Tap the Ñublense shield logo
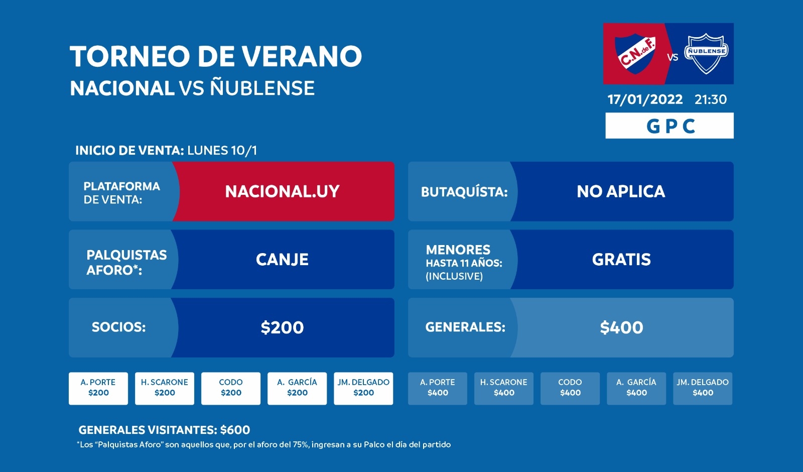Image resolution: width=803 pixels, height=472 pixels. click(706, 53)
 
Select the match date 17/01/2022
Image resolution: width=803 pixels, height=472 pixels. click(645, 99)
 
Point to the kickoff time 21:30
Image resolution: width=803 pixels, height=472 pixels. click(711, 99)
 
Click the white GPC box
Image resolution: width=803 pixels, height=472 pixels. click(670, 126)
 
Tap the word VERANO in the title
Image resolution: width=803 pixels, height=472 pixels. click(302, 56)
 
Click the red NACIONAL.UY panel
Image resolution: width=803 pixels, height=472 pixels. click(283, 191)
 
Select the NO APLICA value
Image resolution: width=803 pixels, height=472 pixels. click(621, 191)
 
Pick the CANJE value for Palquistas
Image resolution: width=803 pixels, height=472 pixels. click(282, 259)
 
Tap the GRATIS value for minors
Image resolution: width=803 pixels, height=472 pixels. click(621, 259)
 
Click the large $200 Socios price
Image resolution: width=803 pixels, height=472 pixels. click(282, 327)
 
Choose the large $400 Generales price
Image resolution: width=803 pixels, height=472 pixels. click(622, 327)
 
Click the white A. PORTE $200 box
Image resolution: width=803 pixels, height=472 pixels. click(98, 389)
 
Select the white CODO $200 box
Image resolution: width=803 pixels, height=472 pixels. click(231, 389)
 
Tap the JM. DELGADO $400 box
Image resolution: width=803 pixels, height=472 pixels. click(703, 389)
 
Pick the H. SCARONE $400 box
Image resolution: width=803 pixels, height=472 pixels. click(504, 389)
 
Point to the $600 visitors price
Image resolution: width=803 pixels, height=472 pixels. click(235, 430)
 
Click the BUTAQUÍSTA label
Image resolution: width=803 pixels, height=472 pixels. click(464, 192)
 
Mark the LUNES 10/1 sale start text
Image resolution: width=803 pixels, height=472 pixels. click(222, 150)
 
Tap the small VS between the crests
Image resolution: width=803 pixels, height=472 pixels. click(673, 57)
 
